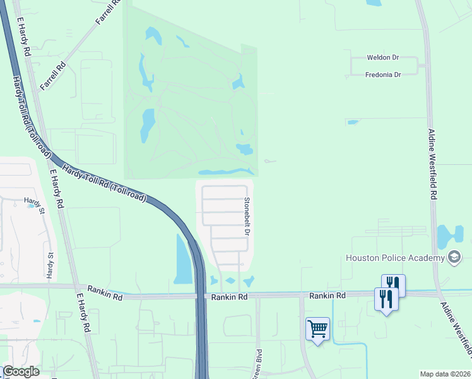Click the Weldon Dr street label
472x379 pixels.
[x=383, y=57]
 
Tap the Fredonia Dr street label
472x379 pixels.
[x=383, y=75]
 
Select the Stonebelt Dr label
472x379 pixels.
[x=247, y=217]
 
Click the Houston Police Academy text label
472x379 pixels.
[x=394, y=258]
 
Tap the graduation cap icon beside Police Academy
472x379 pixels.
[x=454, y=256]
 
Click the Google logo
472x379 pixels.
[x=21, y=371]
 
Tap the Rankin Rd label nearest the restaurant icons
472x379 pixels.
[x=327, y=296]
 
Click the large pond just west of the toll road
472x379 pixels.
[x=182, y=259]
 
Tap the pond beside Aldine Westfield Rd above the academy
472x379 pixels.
[x=449, y=235]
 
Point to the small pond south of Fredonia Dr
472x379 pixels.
[x=352, y=122]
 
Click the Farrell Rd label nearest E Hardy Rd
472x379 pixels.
[x=52, y=75]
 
